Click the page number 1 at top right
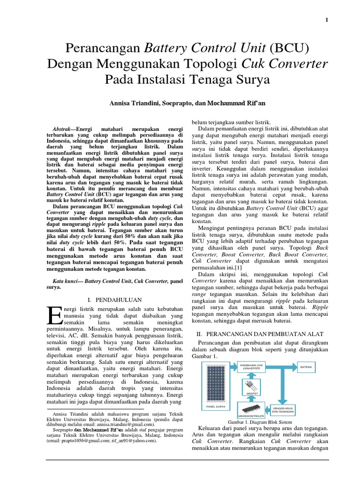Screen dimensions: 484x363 click(x=327, y=19)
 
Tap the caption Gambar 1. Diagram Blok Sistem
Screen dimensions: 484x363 click(x=260, y=421)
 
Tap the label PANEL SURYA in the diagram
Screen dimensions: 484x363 click(x=216, y=406)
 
